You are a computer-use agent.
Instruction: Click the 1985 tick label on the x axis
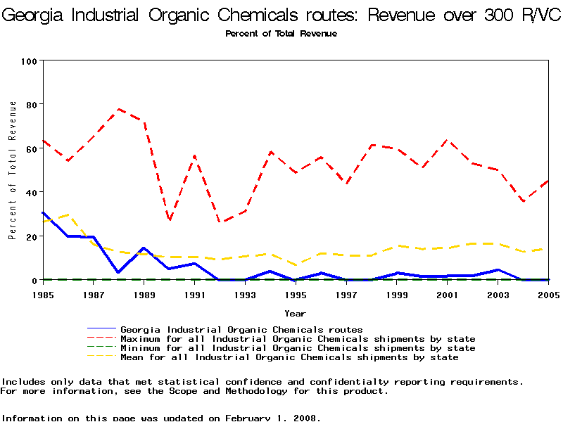[x=43, y=294]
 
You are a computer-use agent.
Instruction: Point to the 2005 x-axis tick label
[x=548, y=294]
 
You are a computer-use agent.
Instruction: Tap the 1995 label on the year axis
[x=296, y=294]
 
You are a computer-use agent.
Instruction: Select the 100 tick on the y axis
[x=29, y=61]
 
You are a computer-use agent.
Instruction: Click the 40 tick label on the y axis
[x=32, y=192]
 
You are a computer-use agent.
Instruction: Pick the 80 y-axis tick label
[x=32, y=105]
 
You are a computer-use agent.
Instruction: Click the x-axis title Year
[x=296, y=313]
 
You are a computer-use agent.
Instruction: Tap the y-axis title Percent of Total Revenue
[x=13, y=170]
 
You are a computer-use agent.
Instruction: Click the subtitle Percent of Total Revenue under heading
[x=281, y=34]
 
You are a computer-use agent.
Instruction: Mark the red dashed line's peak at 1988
[x=119, y=109]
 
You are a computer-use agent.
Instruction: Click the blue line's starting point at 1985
[x=43, y=212]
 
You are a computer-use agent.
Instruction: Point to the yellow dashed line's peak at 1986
[x=68, y=215]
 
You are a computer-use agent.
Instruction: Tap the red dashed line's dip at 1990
[x=170, y=220]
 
